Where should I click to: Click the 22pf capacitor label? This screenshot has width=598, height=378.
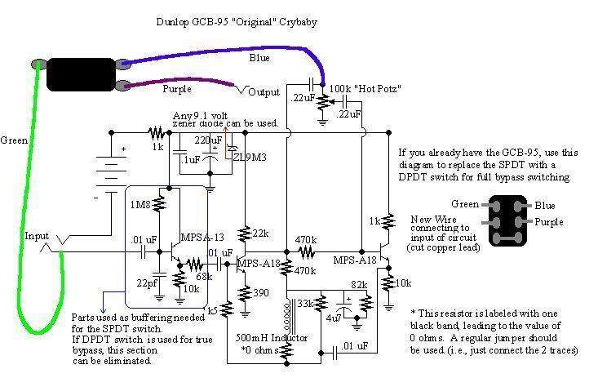[x=148, y=282]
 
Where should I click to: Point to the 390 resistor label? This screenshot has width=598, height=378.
[x=260, y=292]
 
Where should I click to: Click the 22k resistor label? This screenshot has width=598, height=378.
[x=260, y=233]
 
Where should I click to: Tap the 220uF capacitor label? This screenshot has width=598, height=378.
[x=207, y=140]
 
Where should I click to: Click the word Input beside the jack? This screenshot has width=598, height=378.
[x=36, y=236]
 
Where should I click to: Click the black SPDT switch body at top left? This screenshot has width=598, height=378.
[x=81, y=73]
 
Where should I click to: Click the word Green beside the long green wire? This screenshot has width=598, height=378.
[x=14, y=140]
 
